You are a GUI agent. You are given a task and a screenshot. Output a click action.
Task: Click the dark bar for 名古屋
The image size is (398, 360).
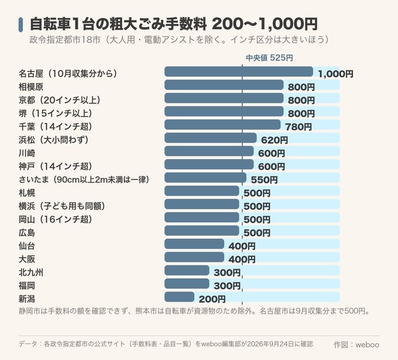point(239,71)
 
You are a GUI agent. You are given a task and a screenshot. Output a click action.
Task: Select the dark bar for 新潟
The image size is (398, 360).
point(180,297)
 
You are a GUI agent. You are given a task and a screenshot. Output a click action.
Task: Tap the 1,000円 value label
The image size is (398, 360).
point(336,74)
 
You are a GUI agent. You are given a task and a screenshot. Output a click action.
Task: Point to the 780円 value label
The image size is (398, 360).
point(298,127)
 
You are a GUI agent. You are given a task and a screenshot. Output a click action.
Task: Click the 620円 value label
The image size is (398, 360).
point(275,140)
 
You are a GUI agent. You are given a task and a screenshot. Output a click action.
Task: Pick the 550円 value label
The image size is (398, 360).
point(264,180)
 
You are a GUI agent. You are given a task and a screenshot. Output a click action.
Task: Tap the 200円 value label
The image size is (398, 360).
point(212,299)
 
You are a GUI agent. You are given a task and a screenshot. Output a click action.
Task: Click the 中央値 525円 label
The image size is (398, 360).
point(270,58)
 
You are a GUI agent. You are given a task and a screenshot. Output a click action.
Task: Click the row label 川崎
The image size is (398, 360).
point(27,153)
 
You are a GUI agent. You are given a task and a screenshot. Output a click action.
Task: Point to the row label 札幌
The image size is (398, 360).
point(27,193)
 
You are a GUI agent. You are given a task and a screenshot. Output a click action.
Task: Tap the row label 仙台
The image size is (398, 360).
point(27,246)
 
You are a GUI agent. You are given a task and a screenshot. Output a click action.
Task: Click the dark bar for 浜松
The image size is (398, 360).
point(211,138)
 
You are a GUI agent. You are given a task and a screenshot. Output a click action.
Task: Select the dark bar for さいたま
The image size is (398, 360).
point(205,178)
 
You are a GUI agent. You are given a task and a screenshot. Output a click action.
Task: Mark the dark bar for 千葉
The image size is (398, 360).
point(222,125)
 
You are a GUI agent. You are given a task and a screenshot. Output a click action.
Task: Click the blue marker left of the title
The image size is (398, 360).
point(21,25)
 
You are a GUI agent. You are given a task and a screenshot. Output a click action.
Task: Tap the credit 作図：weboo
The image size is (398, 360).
point(357,345)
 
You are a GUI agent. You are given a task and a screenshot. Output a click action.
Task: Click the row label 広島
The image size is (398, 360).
point(27,233)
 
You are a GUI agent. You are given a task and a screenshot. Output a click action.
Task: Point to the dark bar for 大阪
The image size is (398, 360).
point(194,257)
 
